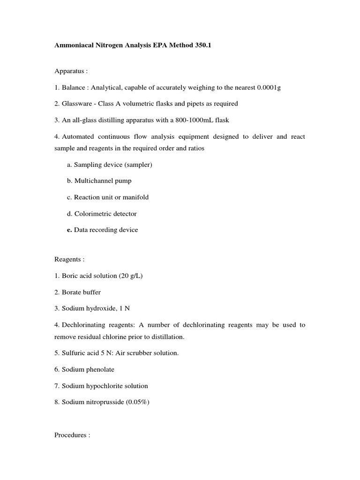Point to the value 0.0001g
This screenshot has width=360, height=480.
click(x=265, y=88)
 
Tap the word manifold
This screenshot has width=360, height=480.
click(x=135, y=197)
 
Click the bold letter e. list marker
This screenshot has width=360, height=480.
click(x=69, y=230)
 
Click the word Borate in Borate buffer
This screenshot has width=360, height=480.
click(x=71, y=292)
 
